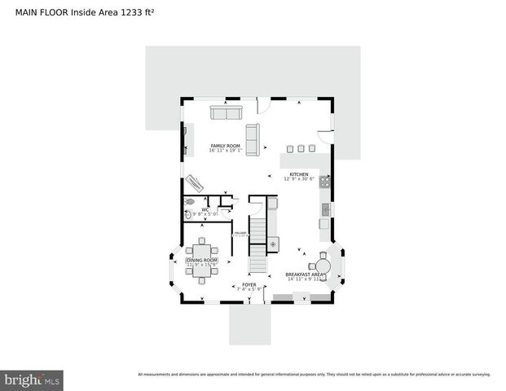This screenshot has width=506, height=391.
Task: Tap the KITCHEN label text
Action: coord(298,174)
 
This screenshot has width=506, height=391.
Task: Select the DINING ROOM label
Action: coord(200,260)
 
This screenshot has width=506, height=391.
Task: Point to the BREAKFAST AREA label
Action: coord(305,275)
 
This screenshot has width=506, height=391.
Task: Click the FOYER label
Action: coord(249,285)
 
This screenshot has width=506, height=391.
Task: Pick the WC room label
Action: coord(205,210)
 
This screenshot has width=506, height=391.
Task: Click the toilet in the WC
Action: coord(190,200)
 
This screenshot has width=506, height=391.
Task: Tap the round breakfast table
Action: coord(323,265)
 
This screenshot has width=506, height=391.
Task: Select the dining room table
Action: coord(200,260)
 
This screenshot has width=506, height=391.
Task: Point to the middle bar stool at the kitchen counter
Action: coord(301,148)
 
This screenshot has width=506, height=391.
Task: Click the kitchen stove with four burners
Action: coord(325,183)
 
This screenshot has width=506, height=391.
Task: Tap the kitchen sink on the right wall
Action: coord(325,210)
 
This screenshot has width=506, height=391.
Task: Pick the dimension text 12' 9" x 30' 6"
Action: coord(298,179)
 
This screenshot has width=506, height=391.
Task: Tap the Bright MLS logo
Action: coord(33,380)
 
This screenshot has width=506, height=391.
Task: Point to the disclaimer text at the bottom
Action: coord(314,375)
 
